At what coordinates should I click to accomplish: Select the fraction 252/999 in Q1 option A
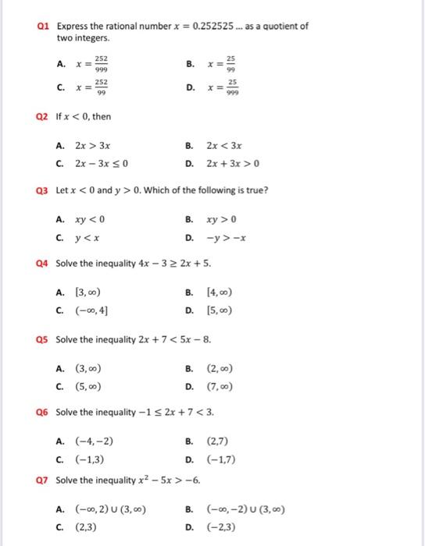(x=101, y=63)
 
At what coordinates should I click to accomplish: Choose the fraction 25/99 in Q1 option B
(x=230, y=63)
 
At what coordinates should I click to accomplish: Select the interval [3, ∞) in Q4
(x=87, y=292)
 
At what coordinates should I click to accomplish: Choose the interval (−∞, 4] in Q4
(x=91, y=310)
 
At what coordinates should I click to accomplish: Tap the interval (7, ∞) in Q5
(x=220, y=386)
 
